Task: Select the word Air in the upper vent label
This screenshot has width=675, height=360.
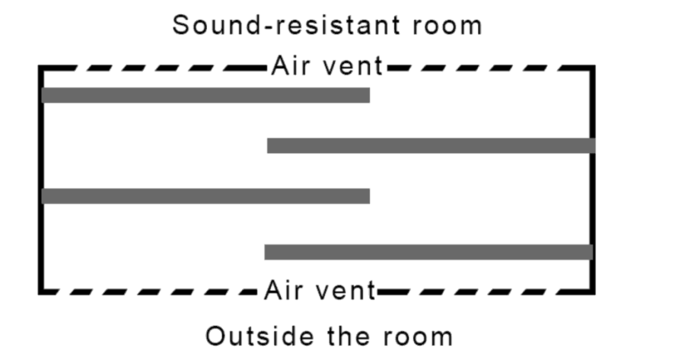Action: point(286,66)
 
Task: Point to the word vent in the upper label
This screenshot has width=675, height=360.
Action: point(351,66)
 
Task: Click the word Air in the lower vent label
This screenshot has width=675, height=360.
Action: point(282,291)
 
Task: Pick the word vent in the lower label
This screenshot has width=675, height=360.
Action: point(345,291)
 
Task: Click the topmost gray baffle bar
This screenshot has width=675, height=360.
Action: point(205,95)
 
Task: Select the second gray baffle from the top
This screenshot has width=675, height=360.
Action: point(430,145)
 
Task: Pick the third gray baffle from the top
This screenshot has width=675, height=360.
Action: point(205,196)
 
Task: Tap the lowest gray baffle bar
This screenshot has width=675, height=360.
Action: point(428,252)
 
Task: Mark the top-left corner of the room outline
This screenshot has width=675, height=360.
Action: point(40,68)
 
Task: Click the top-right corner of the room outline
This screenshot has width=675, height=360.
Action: point(592,68)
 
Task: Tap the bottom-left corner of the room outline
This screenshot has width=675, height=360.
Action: point(40,292)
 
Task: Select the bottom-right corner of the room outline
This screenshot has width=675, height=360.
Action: point(592,292)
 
